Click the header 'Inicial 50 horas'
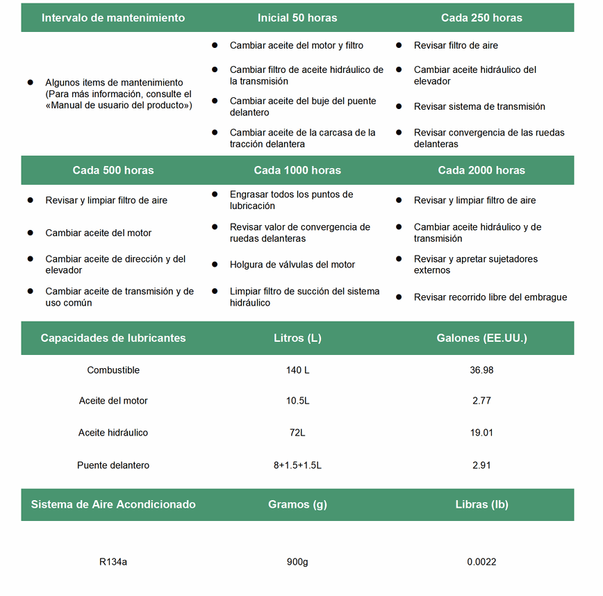pos(297,18)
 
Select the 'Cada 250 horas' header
pos(481,18)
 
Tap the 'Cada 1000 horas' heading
pos(297,170)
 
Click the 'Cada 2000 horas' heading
pos(481,170)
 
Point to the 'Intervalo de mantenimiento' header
pos(113,18)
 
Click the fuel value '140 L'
pos(297,370)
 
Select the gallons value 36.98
pos(481,370)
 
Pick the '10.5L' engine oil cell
pos(297,401)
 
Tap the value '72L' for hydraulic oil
pos(297,433)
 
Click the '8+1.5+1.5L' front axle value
pos(297,465)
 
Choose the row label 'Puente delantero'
pos(113,465)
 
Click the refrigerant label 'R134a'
pos(113,562)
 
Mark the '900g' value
pos(297,562)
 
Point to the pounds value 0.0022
pos(481,562)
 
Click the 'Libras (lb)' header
pos(481,504)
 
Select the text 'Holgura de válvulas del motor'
pos(292,265)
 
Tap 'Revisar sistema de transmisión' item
pos(479,107)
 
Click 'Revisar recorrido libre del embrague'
pos(490,297)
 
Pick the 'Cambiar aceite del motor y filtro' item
pos(297,46)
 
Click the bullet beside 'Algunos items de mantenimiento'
pos(30,82)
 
